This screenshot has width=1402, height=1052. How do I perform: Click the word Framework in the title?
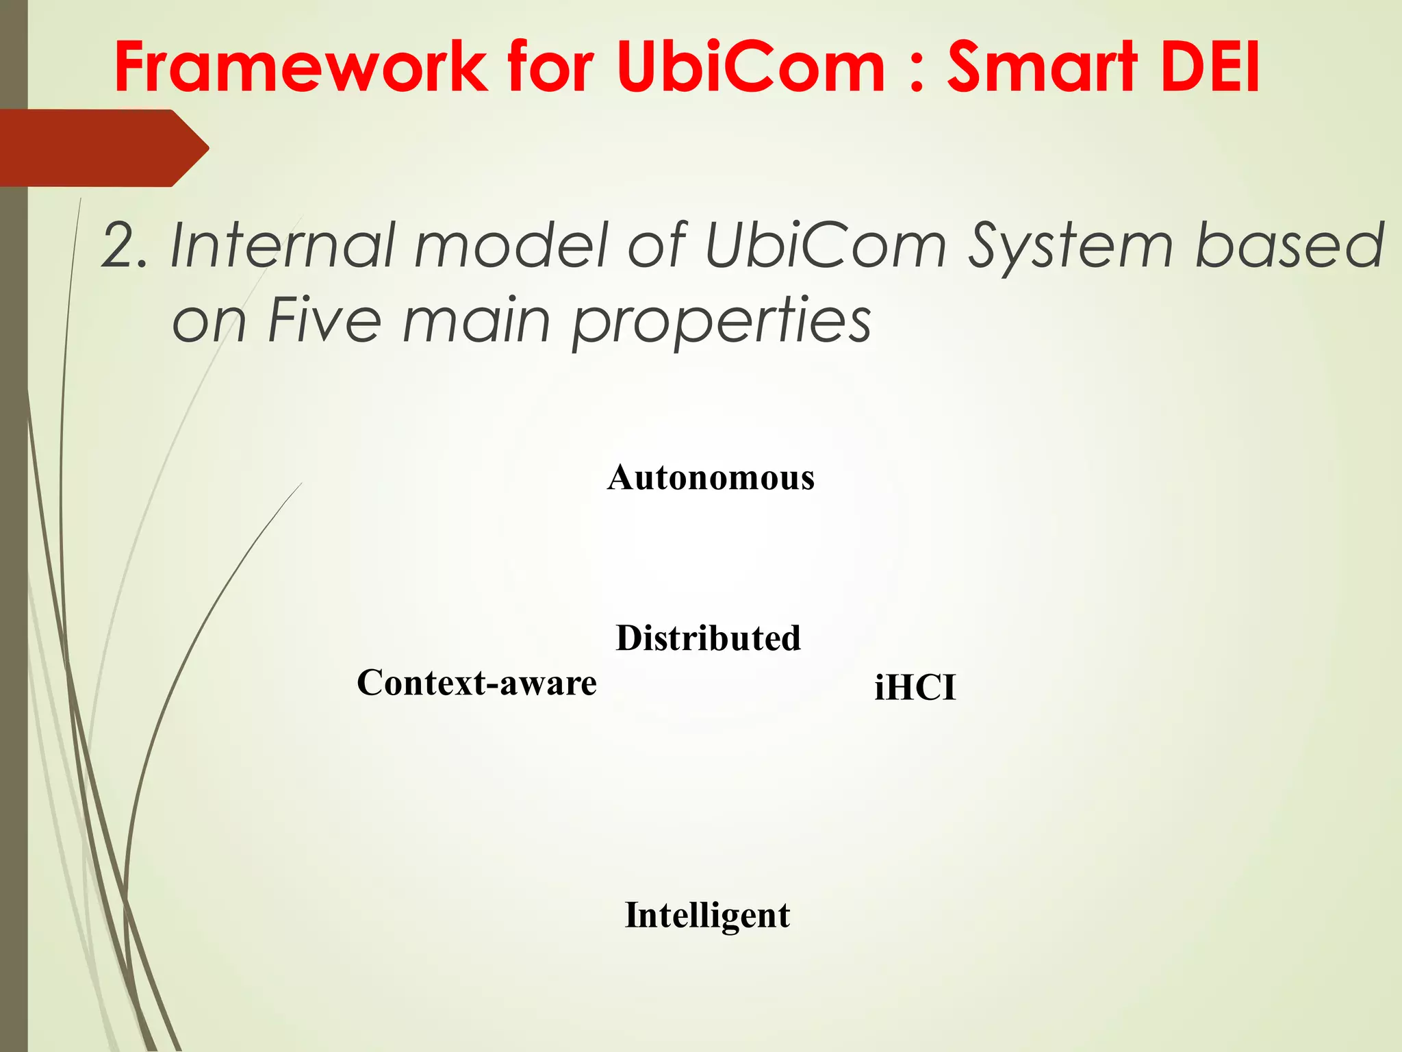click(301, 66)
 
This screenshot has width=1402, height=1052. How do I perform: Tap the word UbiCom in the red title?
click(750, 66)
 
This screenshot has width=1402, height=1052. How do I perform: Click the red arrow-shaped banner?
click(103, 148)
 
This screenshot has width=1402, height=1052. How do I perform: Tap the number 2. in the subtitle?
click(125, 245)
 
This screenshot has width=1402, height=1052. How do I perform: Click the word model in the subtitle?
click(511, 245)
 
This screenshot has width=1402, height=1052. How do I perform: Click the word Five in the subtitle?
click(324, 320)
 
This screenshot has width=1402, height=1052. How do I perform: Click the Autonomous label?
click(711, 477)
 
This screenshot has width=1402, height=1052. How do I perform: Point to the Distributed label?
click(708, 638)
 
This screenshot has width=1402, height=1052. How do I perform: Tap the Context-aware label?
click(476, 683)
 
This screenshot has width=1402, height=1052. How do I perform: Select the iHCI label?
click(915, 687)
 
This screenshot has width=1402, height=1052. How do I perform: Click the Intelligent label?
click(707, 916)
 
